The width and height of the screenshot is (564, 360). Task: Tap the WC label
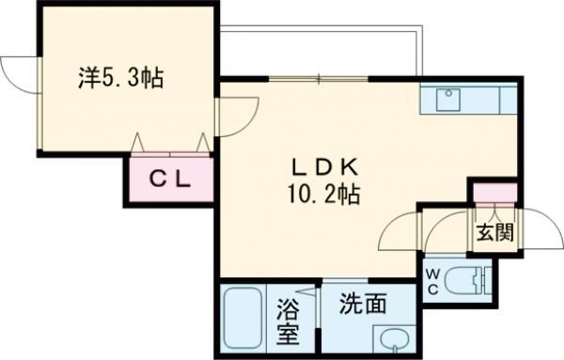coord(433,279)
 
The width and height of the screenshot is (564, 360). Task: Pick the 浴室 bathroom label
coord(289,319)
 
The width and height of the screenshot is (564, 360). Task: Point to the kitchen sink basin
coord(447,94)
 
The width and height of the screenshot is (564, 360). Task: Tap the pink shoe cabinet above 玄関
coord(493,195)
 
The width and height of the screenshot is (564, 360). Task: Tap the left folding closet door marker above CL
coord(138,143)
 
